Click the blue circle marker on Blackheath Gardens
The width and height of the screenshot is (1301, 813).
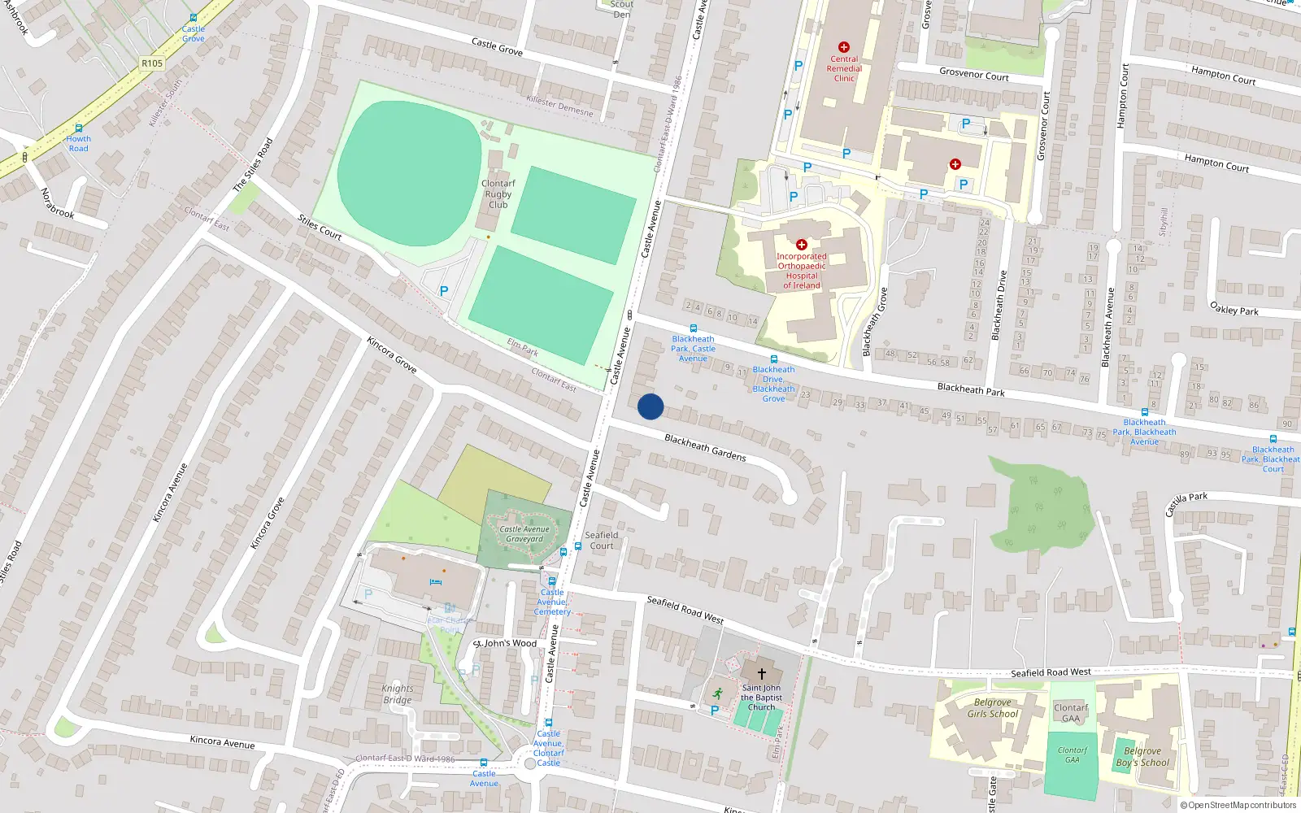[650, 406]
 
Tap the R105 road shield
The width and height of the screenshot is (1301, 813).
[152, 63]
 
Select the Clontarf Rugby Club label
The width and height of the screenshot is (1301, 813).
[498, 194]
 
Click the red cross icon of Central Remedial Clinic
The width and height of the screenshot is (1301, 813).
[844, 47]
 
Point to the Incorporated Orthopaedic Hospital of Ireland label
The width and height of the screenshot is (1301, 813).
[801, 271]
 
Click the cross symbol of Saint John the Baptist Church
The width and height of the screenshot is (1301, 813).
[762, 673]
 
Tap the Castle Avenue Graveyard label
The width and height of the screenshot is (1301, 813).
[524, 534]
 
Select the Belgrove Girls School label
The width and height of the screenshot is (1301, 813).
[992, 708]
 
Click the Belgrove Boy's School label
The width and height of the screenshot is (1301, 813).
[1142, 757]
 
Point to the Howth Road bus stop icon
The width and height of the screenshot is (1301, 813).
[79, 128]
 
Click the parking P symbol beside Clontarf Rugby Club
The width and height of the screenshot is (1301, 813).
[444, 290]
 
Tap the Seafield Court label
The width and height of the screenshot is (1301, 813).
[602, 541]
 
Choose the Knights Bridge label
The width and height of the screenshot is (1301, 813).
[398, 694]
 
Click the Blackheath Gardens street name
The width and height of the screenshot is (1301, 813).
[705, 447]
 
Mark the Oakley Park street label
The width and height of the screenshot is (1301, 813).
[1234, 309]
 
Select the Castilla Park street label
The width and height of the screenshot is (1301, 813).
[1186, 502]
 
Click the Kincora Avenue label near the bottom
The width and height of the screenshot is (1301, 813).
[222, 742]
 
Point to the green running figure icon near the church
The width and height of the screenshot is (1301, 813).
[717, 693]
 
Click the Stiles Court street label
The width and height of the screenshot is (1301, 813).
[320, 227]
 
